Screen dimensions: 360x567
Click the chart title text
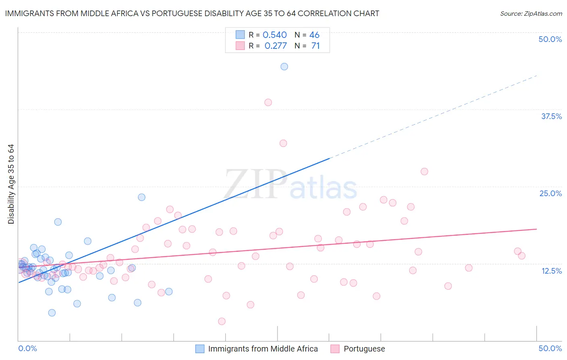192,13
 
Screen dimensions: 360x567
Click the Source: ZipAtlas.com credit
531,13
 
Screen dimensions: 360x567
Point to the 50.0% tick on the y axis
550,39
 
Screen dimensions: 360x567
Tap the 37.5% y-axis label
551,116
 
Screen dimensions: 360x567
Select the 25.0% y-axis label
550,193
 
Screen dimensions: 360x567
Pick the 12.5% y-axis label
551,271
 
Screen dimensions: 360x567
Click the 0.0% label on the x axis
27,348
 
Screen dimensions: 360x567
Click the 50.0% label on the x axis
550,348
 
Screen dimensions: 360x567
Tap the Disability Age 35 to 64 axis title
11,184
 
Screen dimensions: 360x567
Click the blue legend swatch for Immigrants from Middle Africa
200,349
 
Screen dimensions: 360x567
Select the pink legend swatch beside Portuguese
335,349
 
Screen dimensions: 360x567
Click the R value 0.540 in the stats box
275,35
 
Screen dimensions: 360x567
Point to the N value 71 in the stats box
315,46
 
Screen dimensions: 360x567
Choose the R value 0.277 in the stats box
275,46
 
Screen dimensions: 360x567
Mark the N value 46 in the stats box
314,35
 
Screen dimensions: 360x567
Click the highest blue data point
284,67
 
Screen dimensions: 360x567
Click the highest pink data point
268,103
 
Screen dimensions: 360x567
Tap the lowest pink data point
222,321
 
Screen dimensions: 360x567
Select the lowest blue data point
52,313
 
